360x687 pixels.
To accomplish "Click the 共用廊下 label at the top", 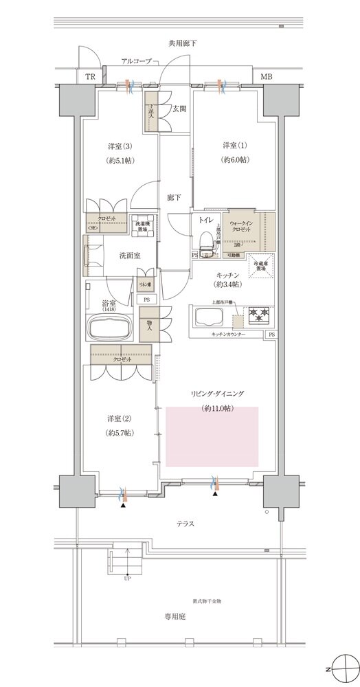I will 182,43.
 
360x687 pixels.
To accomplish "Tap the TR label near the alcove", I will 91,76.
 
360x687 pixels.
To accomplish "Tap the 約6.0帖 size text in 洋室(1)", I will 235,159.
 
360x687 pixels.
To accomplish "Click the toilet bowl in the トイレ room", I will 203,240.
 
